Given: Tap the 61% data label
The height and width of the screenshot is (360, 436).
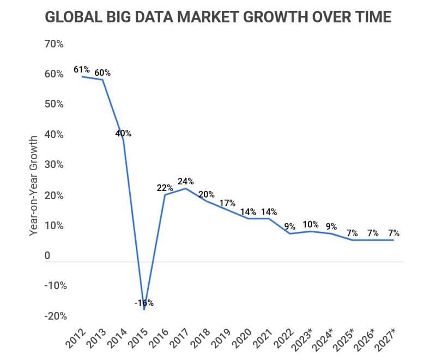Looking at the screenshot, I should (x=82, y=70).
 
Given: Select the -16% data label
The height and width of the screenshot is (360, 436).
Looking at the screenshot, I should (x=144, y=303).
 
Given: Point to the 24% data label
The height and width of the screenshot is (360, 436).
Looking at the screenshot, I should (x=186, y=181).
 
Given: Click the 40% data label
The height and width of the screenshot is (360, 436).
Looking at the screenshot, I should (x=123, y=133).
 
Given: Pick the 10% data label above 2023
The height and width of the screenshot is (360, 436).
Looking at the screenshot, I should (x=311, y=224).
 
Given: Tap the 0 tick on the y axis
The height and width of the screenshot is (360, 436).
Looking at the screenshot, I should (x=47, y=256).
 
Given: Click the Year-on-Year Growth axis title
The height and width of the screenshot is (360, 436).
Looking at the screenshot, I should (x=34, y=187).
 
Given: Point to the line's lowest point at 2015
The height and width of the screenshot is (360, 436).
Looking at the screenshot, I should (x=144, y=309).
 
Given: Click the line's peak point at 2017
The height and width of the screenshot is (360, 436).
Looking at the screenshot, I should (x=186, y=189).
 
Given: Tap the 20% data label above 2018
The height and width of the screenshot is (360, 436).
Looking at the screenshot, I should (x=207, y=194).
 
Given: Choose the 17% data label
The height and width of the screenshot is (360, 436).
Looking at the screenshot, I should (x=227, y=203).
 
